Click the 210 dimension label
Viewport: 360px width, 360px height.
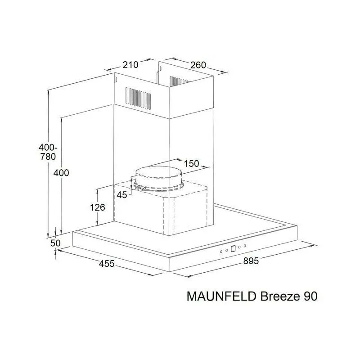(x=130, y=65)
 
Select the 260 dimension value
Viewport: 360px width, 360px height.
(x=198, y=65)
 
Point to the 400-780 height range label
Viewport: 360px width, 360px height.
(x=48, y=152)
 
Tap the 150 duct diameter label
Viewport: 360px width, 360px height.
(x=192, y=164)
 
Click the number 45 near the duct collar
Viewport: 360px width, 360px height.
(x=121, y=195)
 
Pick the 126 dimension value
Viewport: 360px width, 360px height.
(x=97, y=207)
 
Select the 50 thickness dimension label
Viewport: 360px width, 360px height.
(x=55, y=243)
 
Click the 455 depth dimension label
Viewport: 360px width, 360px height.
(x=107, y=264)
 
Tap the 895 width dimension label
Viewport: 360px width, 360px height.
(x=251, y=261)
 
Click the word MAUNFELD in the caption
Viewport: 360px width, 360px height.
(x=221, y=297)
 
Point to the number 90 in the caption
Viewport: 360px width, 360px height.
(x=310, y=297)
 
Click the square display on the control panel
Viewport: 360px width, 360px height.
(x=233, y=249)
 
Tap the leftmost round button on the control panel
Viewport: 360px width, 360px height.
(x=221, y=252)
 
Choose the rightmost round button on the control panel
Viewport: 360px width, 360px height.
(x=245, y=246)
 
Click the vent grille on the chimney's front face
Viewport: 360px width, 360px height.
(x=138, y=98)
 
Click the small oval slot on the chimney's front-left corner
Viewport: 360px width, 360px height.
(x=117, y=80)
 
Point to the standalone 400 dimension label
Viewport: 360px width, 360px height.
(x=61, y=173)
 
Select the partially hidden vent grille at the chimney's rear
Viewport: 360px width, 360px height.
(x=180, y=81)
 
